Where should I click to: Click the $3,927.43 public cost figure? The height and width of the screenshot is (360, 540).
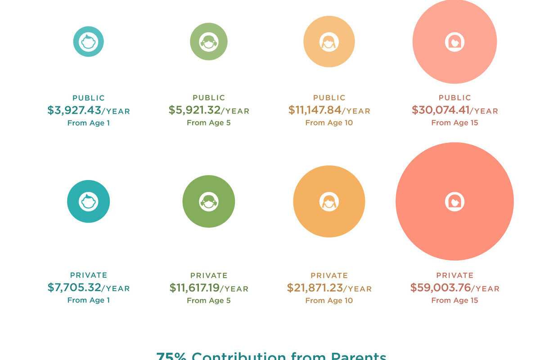click(x=74, y=110)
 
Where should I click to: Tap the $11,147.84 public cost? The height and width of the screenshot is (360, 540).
click(x=315, y=110)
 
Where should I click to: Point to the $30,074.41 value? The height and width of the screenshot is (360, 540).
click(x=441, y=110)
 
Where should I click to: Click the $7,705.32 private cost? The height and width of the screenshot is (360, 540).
click(x=74, y=288)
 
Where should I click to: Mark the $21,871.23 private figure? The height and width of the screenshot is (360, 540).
click(x=315, y=288)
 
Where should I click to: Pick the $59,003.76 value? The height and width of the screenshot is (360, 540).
click(x=440, y=288)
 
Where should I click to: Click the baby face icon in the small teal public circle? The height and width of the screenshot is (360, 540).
click(x=89, y=42)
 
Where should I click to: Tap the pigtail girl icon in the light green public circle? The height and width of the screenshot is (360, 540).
click(x=208, y=42)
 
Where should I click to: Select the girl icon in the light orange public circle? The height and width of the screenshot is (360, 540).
click(x=329, y=42)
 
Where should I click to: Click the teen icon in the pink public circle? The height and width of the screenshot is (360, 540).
click(x=454, y=42)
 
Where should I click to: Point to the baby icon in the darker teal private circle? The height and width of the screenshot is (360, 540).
click(x=89, y=201)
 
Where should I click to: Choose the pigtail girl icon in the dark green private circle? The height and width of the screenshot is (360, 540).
click(x=208, y=201)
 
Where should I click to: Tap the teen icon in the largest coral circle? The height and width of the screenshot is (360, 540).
click(x=454, y=201)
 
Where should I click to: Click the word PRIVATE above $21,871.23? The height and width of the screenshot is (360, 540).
click(x=329, y=275)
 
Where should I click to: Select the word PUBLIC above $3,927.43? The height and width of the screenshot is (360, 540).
click(x=89, y=98)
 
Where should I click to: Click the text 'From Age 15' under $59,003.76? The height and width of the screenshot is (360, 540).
click(x=454, y=301)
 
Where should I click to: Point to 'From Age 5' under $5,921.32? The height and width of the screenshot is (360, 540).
click(x=209, y=123)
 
